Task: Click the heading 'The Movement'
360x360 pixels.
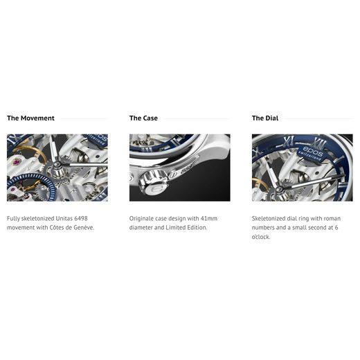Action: coord(30,118)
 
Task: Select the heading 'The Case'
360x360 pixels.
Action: coord(143,118)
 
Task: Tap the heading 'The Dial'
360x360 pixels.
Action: coord(265,118)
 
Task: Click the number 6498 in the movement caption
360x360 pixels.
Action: coord(81,218)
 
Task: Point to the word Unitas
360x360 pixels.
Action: coord(64,218)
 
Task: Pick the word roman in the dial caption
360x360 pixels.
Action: coord(332,219)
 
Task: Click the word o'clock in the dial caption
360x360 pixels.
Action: coord(261,237)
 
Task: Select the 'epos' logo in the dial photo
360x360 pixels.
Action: coord(312,151)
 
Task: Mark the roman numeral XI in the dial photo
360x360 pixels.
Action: coord(289,141)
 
